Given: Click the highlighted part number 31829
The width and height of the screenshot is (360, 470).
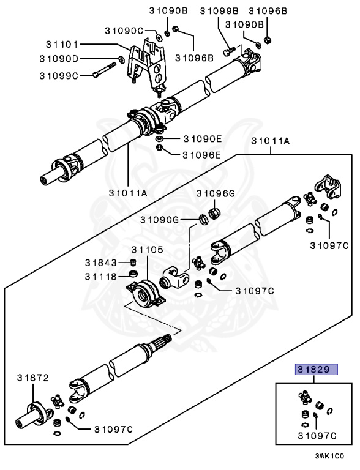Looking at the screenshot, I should tap(313, 370).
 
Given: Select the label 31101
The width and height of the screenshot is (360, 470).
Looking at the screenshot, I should tap(63, 44).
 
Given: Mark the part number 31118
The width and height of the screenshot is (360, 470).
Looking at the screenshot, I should tap(101, 276).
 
